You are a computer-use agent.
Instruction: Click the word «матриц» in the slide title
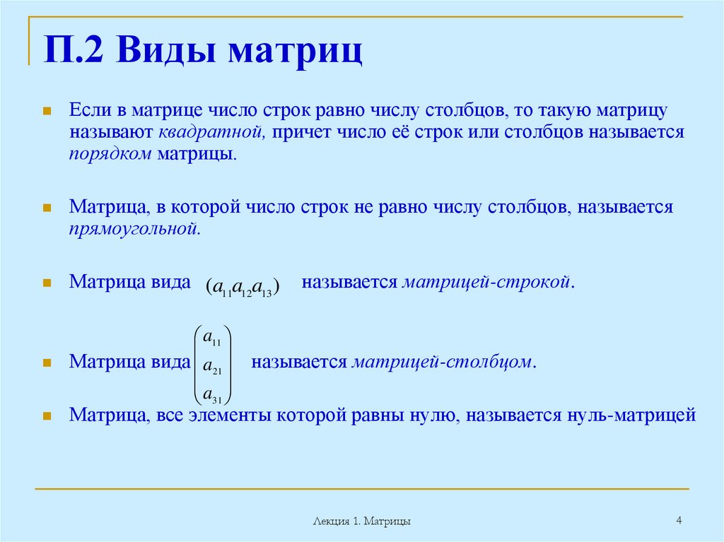point(296,53)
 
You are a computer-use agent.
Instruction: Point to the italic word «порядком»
point(110,153)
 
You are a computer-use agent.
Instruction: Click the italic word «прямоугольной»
point(135,228)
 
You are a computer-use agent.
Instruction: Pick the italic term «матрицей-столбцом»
point(442,362)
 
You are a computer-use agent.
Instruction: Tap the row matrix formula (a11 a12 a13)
point(243,286)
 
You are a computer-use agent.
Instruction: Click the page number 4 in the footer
point(679,521)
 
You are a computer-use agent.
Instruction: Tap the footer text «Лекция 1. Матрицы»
point(362,522)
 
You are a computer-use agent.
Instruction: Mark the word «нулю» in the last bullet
point(431,415)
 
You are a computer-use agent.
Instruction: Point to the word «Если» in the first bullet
point(88,111)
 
